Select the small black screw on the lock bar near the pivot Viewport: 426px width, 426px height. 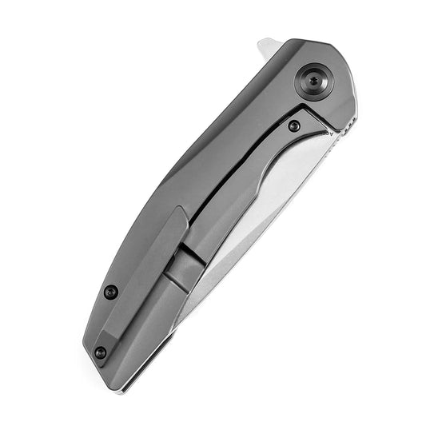click(295, 125)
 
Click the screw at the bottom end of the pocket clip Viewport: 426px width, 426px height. click(101, 352)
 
